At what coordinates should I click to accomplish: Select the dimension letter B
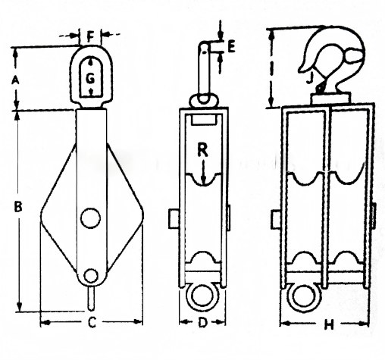[x=18, y=205]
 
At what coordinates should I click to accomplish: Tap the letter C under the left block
[x=90, y=324]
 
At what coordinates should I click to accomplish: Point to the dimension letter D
[x=202, y=324]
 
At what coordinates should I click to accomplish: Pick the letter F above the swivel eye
[x=90, y=35]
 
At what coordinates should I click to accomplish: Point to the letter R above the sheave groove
[x=202, y=149]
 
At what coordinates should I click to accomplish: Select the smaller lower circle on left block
[x=90, y=275]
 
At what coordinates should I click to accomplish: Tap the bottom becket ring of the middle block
[x=201, y=295]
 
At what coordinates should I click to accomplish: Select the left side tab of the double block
[x=277, y=219]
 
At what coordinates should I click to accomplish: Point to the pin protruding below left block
[x=90, y=298]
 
